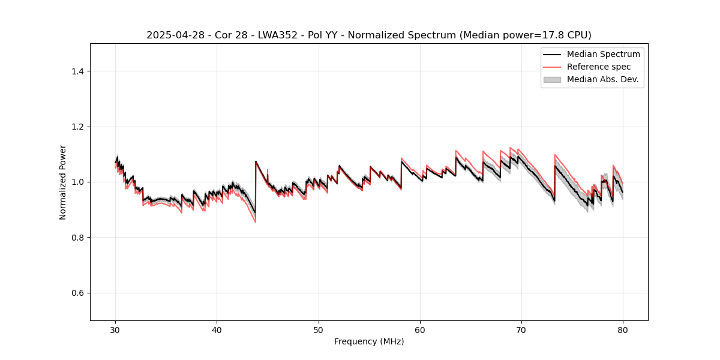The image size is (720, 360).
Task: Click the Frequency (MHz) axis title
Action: [x=369, y=341]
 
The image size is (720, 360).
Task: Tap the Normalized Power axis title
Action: [x=63, y=182]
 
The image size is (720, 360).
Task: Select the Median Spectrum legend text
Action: [x=603, y=54]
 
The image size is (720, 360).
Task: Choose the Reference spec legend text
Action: [x=599, y=67]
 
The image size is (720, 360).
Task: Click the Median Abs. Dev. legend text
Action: [x=602, y=79]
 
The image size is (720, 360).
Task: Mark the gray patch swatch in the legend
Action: [x=552, y=79]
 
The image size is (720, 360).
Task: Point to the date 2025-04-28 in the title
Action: [x=172, y=35]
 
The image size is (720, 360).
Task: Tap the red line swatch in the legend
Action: [x=552, y=67]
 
